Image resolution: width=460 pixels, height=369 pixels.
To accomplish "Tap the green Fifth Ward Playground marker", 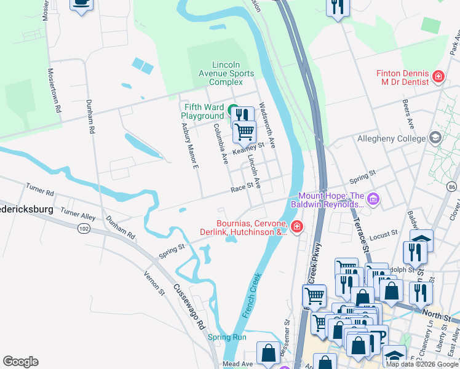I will [x=233, y=111].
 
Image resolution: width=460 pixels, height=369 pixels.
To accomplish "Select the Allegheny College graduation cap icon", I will [x=435, y=138].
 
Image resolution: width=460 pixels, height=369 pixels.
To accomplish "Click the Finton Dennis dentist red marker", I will [x=438, y=76].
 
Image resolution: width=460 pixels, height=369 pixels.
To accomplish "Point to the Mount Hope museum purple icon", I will [x=373, y=199].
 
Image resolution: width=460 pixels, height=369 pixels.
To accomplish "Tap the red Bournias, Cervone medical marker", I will [x=297, y=228].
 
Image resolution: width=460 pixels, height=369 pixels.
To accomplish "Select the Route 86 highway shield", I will [x=452, y=186].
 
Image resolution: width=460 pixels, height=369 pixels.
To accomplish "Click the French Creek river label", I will [x=254, y=295].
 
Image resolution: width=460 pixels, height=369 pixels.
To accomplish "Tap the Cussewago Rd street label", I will [x=188, y=307].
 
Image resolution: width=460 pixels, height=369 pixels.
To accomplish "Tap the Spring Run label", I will [x=227, y=337].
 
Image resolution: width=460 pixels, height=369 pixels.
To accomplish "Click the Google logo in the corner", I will [x=20, y=362].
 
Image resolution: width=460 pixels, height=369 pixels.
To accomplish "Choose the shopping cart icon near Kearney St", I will [x=245, y=131].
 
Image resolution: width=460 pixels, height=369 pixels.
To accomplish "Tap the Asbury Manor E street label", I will [x=189, y=147].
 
